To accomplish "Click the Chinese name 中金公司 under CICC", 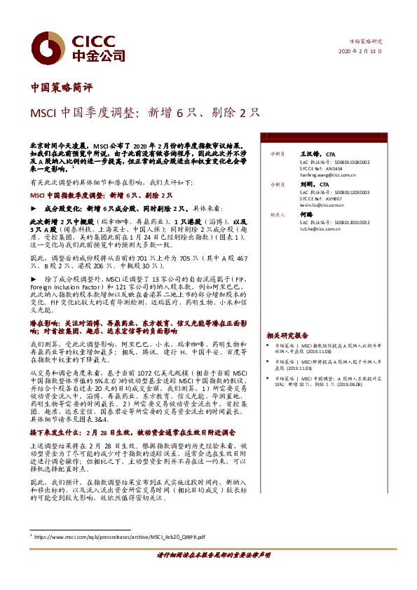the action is pyautogui.click(x=97, y=55).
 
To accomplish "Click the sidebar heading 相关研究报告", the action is pyautogui.click(x=287, y=335).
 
